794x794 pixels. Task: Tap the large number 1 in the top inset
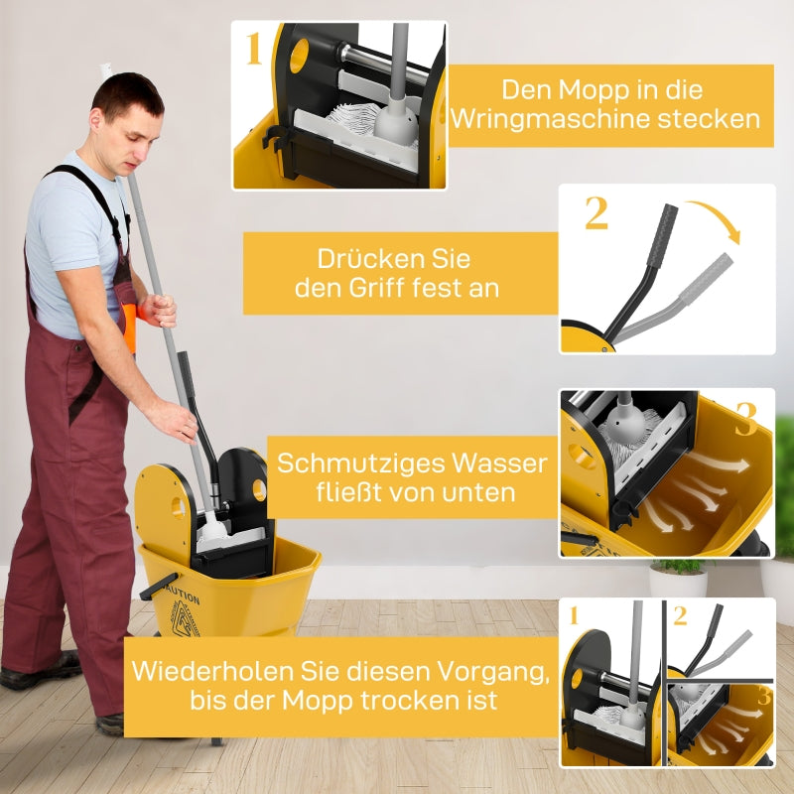tap(253, 48)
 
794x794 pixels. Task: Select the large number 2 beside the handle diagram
tap(595, 213)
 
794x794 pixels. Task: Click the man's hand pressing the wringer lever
tap(174, 421)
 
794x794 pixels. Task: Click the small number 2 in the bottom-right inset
tap(680, 615)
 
